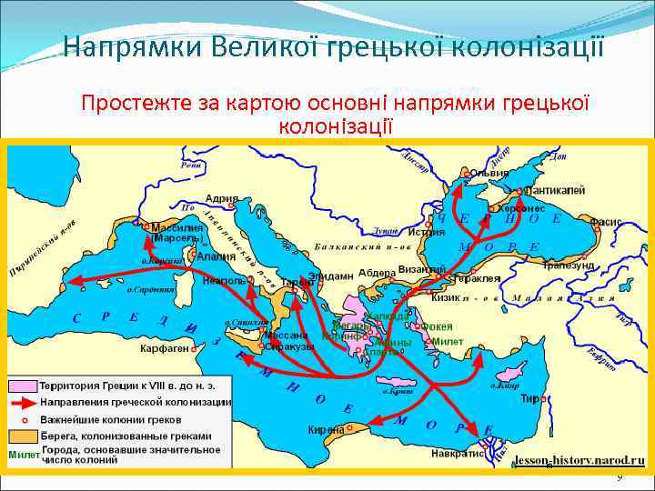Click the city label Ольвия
[x=489, y=173]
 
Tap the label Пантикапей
[x=554, y=191]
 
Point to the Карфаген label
[x=165, y=348]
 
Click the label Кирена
[x=326, y=429]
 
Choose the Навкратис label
[x=457, y=453]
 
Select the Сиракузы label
[x=289, y=346]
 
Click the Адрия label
[x=223, y=199]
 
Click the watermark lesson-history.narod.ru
[x=579, y=460]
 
